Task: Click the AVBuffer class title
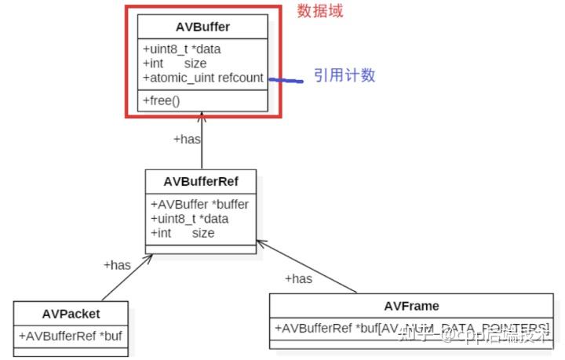pos(202,27)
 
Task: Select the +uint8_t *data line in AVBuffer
pos(181,49)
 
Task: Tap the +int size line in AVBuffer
pos(174,64)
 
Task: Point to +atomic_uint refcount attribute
pos(202,78)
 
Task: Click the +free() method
pos(162,100)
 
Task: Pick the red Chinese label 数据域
pos(319,11)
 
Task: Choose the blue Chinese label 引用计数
pos(344,75)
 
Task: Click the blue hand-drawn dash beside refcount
pos(287,79)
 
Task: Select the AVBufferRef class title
pos(200,181)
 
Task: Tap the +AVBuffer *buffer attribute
pos(199,204)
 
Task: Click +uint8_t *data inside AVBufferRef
pos(189,218)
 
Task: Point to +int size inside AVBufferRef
pos(182,232)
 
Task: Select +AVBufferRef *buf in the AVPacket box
pos(70,336)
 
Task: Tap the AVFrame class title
pos(411,305)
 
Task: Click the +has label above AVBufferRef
pos(187,139)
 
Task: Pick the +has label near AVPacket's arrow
pos(117,265)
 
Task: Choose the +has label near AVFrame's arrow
pos(298,278)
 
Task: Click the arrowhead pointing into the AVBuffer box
pos(202,118)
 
